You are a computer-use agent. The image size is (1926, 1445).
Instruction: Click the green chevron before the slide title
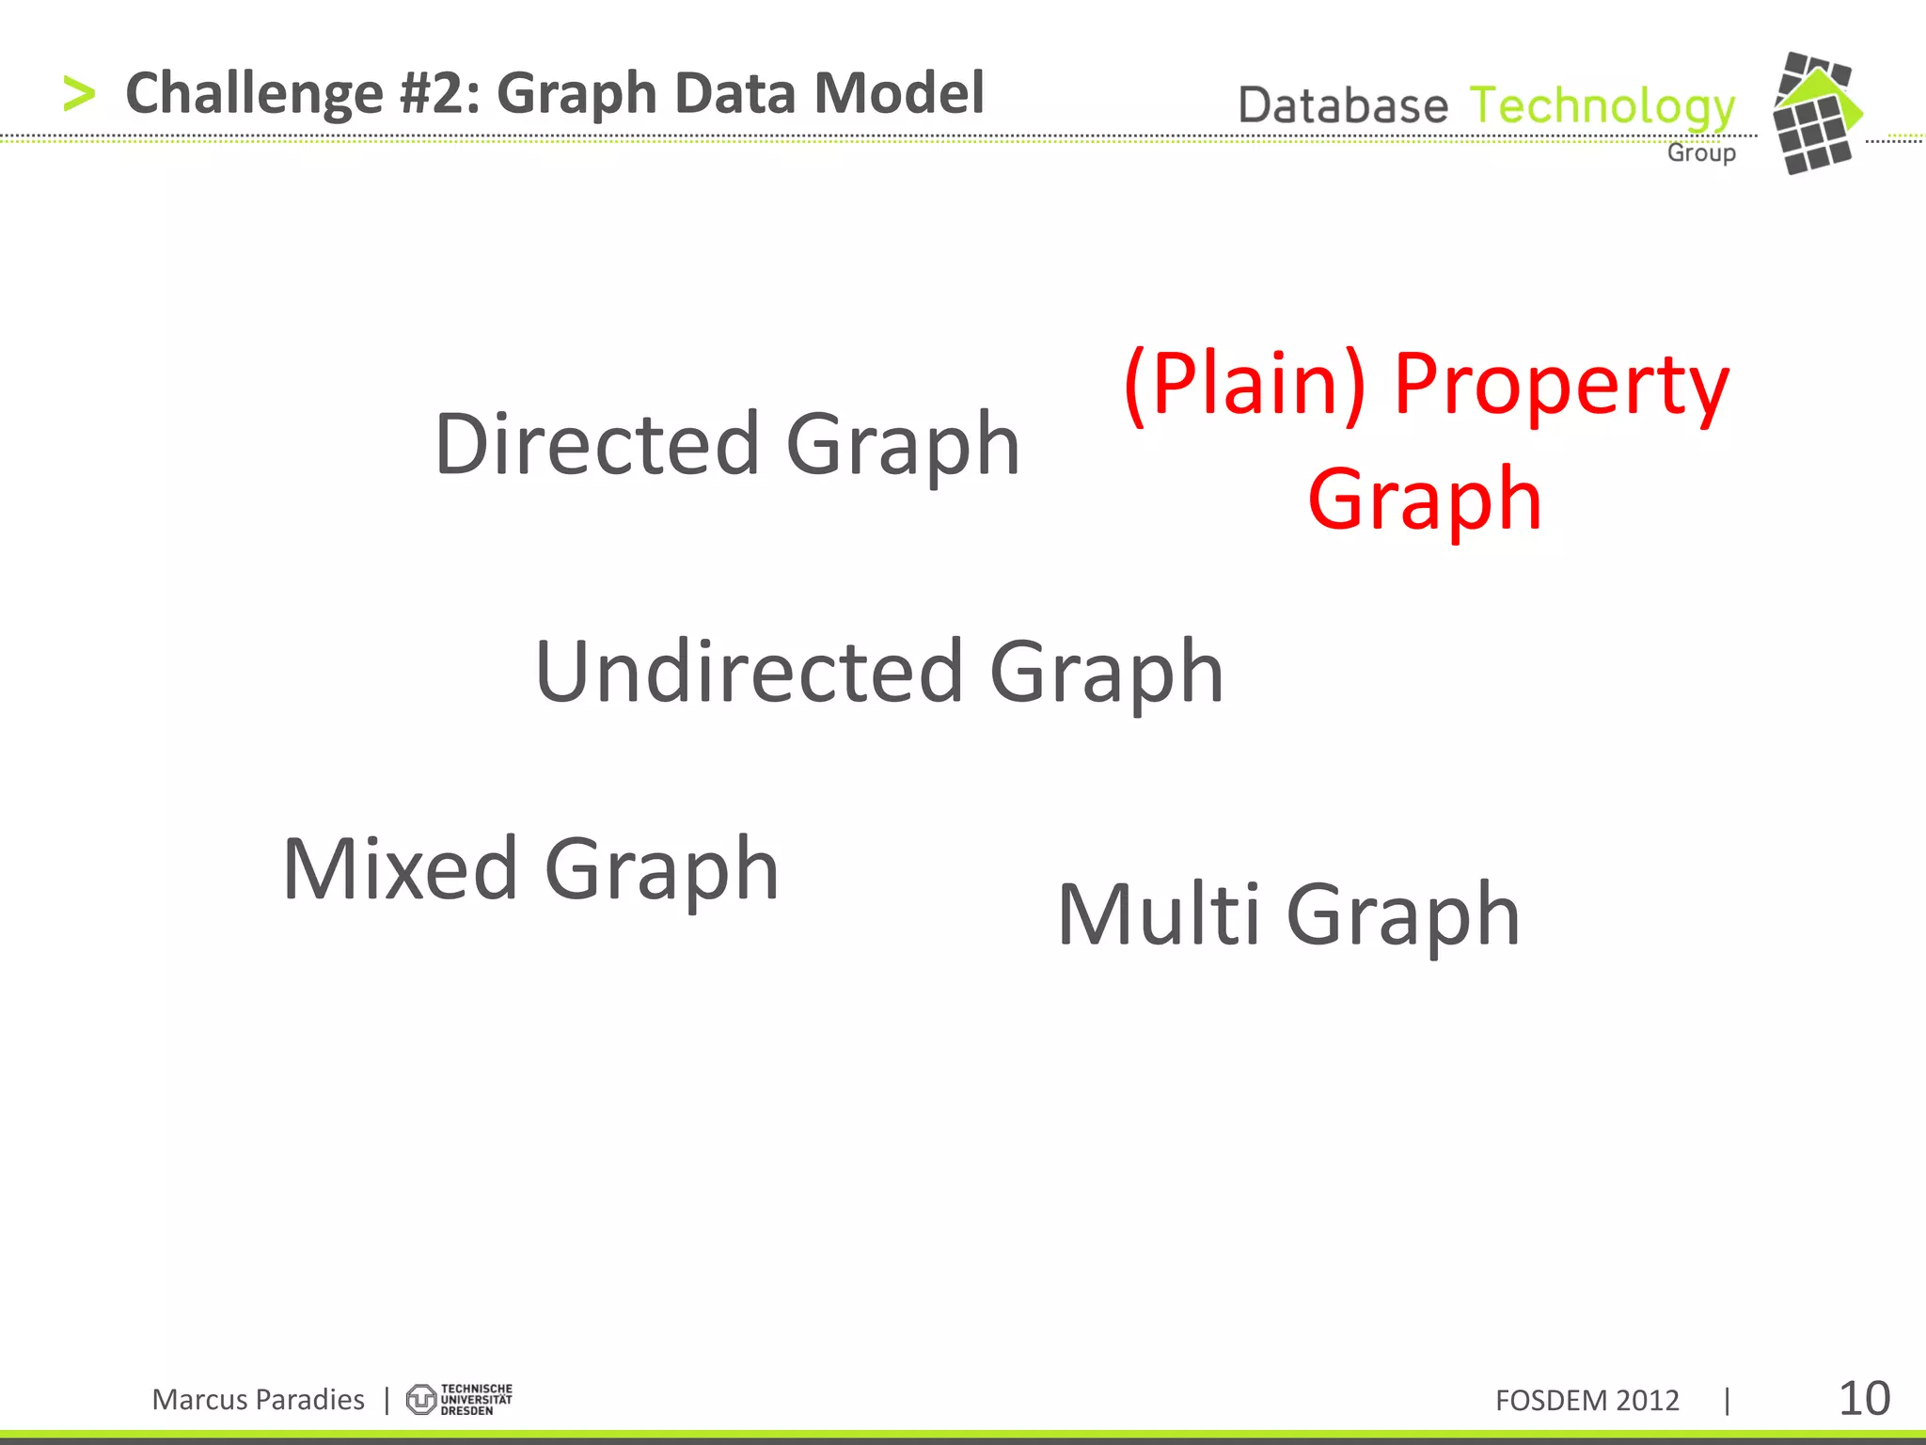click(x=79, y=94)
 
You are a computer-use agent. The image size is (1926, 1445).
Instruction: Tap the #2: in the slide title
click(x=439, y=94)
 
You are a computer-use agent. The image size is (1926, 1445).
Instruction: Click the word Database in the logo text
click(x=1343, y=105)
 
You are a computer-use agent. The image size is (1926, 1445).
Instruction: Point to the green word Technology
click(x=1602, y=107)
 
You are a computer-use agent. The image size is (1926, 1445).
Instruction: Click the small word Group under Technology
click(x=1701, y=152)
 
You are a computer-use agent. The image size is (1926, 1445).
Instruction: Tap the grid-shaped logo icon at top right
click(x=1815, y=113)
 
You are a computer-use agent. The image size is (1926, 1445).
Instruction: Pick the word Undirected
click(x=749, y=672)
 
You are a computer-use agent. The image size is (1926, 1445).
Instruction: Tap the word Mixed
click(x=401, y=869)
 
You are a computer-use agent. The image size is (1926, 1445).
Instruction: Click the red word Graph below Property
click(x=1424, y=500)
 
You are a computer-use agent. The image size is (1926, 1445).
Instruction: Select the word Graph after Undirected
click(x=1107, y=674)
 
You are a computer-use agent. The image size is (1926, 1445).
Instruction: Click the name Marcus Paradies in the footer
click(x=258, y=1400)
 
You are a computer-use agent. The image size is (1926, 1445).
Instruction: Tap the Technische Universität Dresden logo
click(x=459, y=1399)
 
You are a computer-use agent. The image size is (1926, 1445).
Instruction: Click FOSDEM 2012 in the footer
click(x=1587, y=1401)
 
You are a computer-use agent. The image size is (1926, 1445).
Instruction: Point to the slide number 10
click(x=1863, y=1399)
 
